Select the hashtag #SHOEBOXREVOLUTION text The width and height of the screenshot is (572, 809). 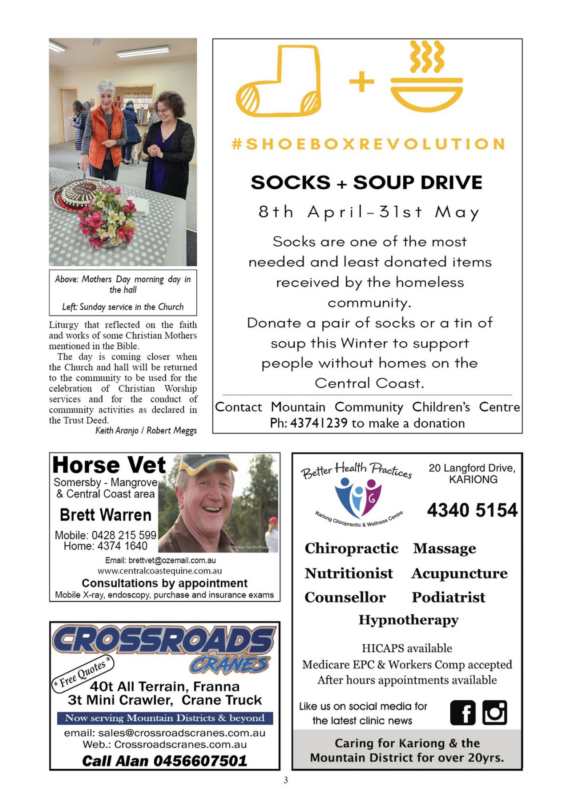coord(369,144)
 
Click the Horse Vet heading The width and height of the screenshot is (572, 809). coord(109,466)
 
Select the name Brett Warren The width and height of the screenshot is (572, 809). coord(105,515)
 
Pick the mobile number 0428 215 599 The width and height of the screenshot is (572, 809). coord(124,535)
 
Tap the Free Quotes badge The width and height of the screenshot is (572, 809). coord(83,673)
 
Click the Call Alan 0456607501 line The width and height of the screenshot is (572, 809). coord(164,761)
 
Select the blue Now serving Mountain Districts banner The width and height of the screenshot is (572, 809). coord(165,718)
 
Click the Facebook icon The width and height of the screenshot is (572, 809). coord(462,713)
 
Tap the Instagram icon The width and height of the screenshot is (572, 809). coord(494,713)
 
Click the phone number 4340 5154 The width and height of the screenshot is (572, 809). coord(472,510)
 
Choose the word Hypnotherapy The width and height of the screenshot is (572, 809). coord(408,620)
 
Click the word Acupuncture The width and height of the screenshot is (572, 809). coord(460,573)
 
